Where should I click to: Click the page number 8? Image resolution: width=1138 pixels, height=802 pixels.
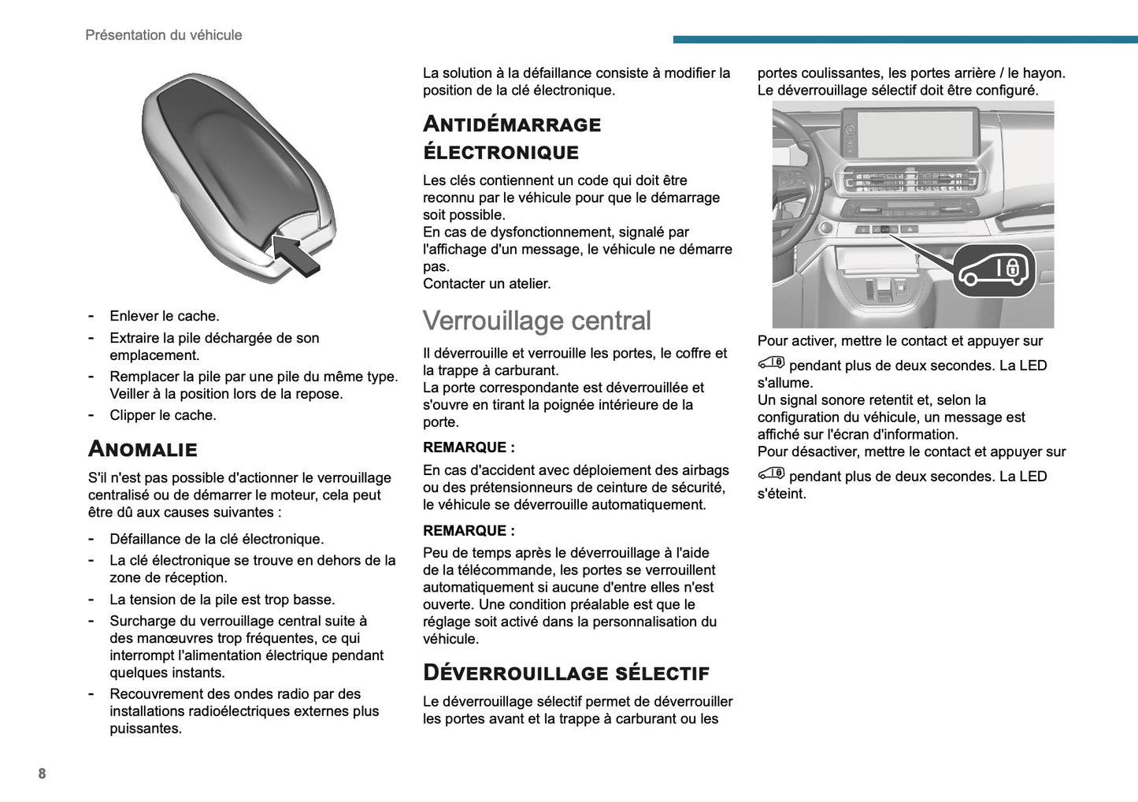click(42, 774)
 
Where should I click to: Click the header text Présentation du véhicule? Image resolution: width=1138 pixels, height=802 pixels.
click(163, 35)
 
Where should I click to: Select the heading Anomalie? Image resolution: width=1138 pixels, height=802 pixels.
click(143, 449)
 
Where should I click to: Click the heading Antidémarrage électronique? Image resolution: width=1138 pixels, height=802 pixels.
click(511, 138)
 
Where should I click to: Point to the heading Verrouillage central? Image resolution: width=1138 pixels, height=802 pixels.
click(536, 321)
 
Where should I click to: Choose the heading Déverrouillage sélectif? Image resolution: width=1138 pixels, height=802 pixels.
click(565, 673)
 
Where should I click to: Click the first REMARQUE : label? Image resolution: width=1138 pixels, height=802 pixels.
click(469, 447)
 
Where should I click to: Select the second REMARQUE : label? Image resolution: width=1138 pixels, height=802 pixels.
click(469, 531)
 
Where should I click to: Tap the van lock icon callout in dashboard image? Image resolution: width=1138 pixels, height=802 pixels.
click(994, 270)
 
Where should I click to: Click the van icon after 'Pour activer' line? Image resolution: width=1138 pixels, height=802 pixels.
click(771, 363)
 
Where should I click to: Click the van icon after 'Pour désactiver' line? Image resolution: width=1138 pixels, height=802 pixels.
click(771, 474)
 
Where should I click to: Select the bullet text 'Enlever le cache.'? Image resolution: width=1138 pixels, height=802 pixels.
click(164, 316)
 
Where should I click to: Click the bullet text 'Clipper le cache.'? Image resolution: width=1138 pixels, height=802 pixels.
click(162, 415)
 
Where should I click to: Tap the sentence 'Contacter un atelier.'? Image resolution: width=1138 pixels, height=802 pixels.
click(487, 284)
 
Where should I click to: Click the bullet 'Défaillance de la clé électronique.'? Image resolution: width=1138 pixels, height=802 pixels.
click(217, 539)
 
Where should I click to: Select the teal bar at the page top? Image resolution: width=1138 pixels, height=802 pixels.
click(905, 39)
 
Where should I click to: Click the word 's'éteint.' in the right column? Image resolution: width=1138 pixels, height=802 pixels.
click(781, 494)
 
